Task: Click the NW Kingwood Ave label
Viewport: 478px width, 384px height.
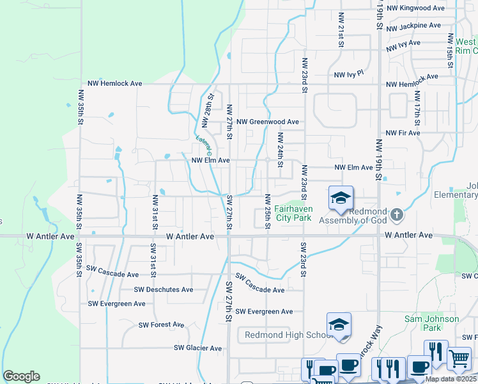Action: point(415,8)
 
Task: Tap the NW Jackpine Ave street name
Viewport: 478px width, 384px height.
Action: point(413,26)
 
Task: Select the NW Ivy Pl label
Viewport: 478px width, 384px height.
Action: point(349,75)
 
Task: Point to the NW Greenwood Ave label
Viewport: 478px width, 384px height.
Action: point(267,122)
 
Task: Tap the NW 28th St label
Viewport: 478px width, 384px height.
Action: point(208,106)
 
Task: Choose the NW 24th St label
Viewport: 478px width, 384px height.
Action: point(280,147)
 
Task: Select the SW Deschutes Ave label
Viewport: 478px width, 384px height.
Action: point(164,289)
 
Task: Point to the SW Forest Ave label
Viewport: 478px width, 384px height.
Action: point(162,325)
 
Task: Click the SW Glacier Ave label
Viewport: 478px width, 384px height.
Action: point(198,348)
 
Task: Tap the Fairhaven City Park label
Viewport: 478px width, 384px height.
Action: point(293,213)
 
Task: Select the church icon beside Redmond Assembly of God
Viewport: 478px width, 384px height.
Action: point(397,214)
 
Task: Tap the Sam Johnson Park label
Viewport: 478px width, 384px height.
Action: point(432,323)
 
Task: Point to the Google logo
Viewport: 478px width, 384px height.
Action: point(21,376)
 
